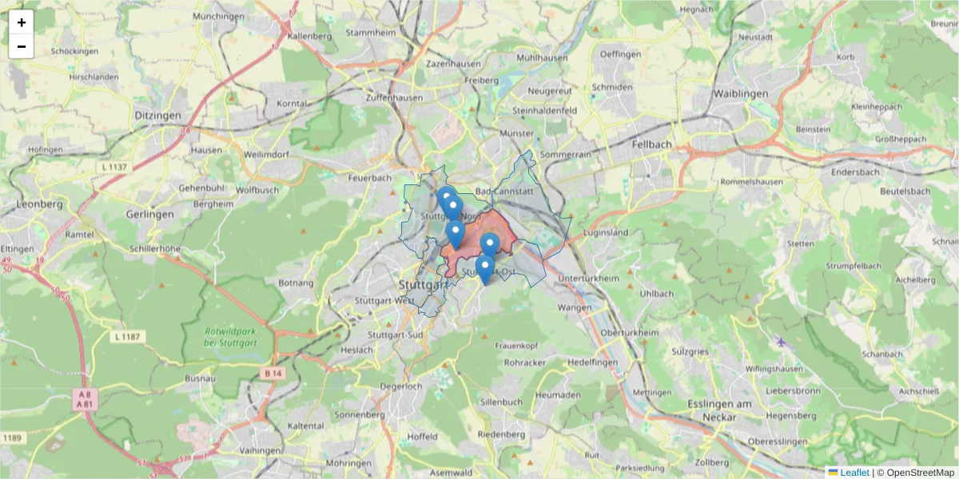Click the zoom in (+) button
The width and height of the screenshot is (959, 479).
click(x=22, y=22)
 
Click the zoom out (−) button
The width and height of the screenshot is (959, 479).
click(x=22, y=46)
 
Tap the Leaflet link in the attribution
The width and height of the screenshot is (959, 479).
click(x=854, y=473)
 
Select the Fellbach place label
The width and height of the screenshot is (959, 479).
click(x=651, y=144)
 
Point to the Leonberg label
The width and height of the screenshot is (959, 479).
click(x=39, y=204)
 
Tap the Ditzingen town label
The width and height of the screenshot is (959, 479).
click(x=157, y=116)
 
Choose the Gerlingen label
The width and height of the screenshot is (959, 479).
click(x=149, y=215)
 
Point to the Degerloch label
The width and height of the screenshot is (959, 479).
click(x=400, y=386)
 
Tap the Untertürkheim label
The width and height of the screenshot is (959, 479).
click(x=590, y=278)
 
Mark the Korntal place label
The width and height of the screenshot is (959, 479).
click(x=292, y=104)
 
